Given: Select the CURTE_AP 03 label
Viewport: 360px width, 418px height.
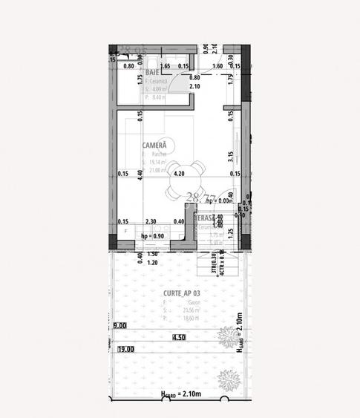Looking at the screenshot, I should [182, 293].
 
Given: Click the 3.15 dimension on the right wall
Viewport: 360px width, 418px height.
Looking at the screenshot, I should [231, 156].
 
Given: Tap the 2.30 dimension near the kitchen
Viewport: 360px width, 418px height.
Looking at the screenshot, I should [151, 221].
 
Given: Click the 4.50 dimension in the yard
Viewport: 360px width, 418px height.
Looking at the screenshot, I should [178, 337].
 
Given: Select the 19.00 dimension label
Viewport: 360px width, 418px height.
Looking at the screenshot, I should [125, 349].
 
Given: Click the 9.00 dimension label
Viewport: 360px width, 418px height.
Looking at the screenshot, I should [120, 325].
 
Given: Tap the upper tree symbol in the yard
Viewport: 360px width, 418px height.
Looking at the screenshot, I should [223, 339].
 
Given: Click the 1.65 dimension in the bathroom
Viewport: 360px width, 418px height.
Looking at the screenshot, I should [166, 66].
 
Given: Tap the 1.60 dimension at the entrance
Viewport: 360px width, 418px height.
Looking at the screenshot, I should [217, 66].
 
